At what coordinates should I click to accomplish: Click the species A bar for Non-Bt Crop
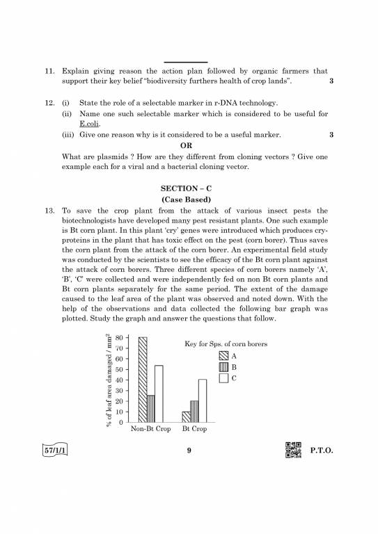(x=143, y=380)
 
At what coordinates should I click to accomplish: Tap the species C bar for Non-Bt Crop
(x=159, y=394)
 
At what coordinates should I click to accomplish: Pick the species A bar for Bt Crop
(x=186, y=417)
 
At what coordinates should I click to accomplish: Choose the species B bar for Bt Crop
(x=194, y=412)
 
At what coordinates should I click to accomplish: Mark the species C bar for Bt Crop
(x=203, y=400)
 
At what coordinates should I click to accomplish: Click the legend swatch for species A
(x=223, y=355)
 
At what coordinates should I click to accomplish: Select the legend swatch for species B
(x=223, y=366)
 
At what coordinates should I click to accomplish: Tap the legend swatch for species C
(x=223, y=378)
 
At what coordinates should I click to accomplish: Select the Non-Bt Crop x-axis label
(x=150, y=430)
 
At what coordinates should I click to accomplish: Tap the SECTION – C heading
(x=189, y=188)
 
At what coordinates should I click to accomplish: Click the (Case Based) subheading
(x=189, y=200)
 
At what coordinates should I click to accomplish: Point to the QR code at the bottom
(x=294, y=450)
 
